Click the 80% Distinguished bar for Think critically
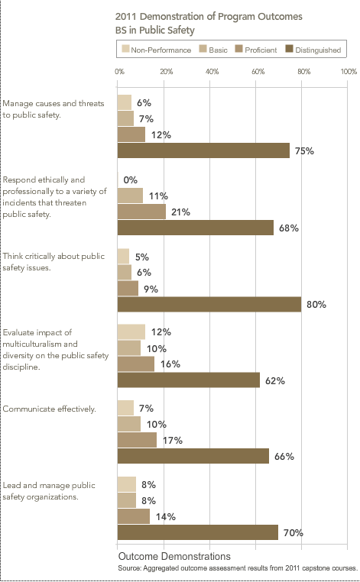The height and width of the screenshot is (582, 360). [x=209, y=304]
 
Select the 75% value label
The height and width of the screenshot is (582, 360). [x=304, y=151]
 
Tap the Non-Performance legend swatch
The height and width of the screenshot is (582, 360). [x=125, y=49]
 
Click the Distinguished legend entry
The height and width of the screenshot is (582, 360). [x=313, y=50]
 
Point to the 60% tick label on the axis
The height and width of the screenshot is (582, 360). [x=258, y=71]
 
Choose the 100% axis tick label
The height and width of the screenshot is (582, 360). [x=349, y=71]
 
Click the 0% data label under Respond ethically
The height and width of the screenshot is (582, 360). [x=131, y=180]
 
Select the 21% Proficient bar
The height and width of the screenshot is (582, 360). [x=141, y=212]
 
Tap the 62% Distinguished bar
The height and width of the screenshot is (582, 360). [x=188, y=380]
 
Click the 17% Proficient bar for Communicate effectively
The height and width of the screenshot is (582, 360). [x=137, y=440]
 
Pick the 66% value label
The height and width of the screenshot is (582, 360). [x=284, y=457]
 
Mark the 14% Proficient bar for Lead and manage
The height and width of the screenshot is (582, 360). [x=133, y=516]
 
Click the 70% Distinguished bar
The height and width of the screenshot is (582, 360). [x=198, y=532]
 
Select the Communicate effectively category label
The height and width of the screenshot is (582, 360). [x=50, y=409]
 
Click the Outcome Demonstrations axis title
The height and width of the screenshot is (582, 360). [x=174, y=556]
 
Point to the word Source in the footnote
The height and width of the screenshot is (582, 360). [x=129, y=568]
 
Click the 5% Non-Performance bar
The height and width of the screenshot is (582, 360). [x=123, y=256]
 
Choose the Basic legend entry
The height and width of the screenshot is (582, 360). [x=213, y=50]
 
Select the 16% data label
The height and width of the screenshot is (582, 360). [x=170, y=364]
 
